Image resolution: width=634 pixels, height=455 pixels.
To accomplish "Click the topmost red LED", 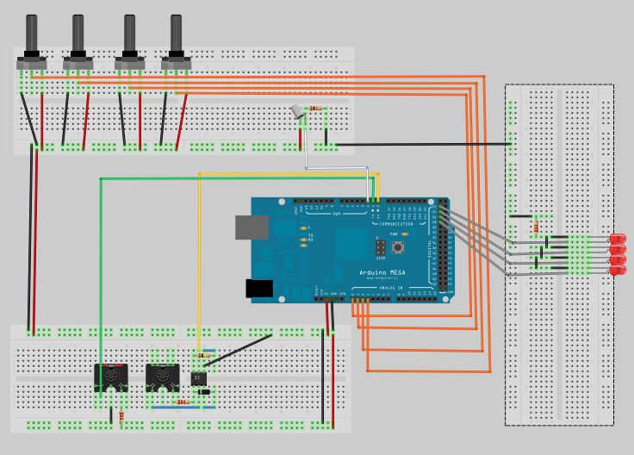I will pos(618,238).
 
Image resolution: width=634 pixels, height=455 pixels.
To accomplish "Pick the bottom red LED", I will pos(618,271).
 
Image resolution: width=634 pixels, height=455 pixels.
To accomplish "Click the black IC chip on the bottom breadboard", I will pos(199,377).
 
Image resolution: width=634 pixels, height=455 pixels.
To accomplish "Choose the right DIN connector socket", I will pos(161,377).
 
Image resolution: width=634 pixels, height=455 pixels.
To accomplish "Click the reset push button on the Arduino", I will pos(400,248).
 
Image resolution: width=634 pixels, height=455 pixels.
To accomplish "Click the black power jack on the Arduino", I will pos(259,289).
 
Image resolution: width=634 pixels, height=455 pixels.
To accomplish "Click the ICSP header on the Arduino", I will pos(380,248).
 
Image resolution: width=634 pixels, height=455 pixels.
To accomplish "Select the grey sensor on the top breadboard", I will pos(298,111).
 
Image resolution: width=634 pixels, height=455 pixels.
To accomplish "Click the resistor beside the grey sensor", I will pos(318,109).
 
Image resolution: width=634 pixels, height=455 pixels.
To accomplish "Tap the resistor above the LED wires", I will pos(538,226).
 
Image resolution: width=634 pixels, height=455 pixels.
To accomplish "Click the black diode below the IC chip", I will pos(204,392).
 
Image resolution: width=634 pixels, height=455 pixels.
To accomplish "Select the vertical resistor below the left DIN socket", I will pos(121,417).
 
